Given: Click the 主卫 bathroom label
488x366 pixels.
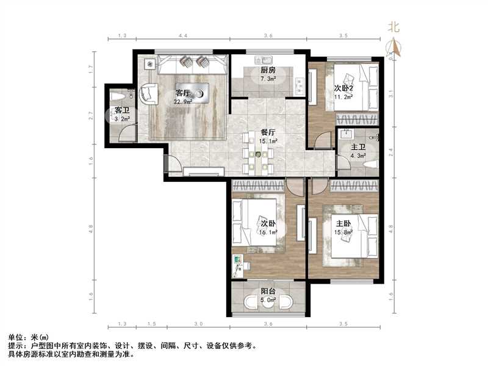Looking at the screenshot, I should (x=358, y=147).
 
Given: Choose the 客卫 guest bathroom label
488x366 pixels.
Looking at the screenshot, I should (x=122, y=110).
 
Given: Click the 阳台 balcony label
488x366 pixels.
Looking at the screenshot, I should (x=268, y=291).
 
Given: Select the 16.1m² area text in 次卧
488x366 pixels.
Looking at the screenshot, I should (x=269, y=232).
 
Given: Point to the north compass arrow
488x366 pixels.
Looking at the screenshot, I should (x=395, y=47).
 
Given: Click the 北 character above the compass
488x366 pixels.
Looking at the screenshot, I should (x=394, y=26).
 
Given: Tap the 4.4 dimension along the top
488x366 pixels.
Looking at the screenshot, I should (x=182, y=37).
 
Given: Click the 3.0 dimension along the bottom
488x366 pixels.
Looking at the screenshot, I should (x=198, y=323).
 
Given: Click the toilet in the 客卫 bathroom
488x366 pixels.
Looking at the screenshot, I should (x=117, y=96).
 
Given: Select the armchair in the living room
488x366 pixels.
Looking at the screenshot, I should (x=147, y=93).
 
